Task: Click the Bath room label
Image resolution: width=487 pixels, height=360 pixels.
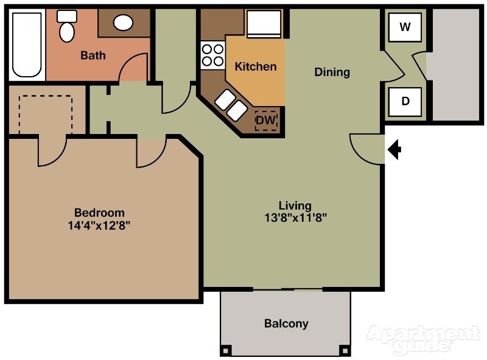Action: pos(93,55)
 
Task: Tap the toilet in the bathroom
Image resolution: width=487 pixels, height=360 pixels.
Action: pos(66,26)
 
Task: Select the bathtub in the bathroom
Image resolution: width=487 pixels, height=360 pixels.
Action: pos(27,44)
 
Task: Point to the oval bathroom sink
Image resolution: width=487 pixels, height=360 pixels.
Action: pos(124,23)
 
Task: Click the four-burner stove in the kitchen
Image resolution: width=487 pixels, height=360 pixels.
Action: pos(212,55)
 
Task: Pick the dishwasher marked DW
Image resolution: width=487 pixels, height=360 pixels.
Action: pos(266,121)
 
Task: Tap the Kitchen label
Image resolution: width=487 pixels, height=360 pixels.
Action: pos(256,66)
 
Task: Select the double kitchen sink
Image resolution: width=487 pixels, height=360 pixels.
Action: pos(230,104)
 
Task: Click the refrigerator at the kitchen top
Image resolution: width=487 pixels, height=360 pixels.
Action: pos(263,24)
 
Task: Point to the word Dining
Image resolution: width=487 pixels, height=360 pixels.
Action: pos(332,72)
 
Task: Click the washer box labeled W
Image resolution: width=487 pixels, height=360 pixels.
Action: pos(405,27)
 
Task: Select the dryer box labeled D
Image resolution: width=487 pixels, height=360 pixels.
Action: pos(405,101)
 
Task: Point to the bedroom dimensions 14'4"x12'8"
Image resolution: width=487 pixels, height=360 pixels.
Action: pos(99,225)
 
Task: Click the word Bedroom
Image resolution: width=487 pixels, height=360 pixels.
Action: pos(99,213)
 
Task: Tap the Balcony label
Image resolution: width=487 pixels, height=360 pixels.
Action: pos(286,323)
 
